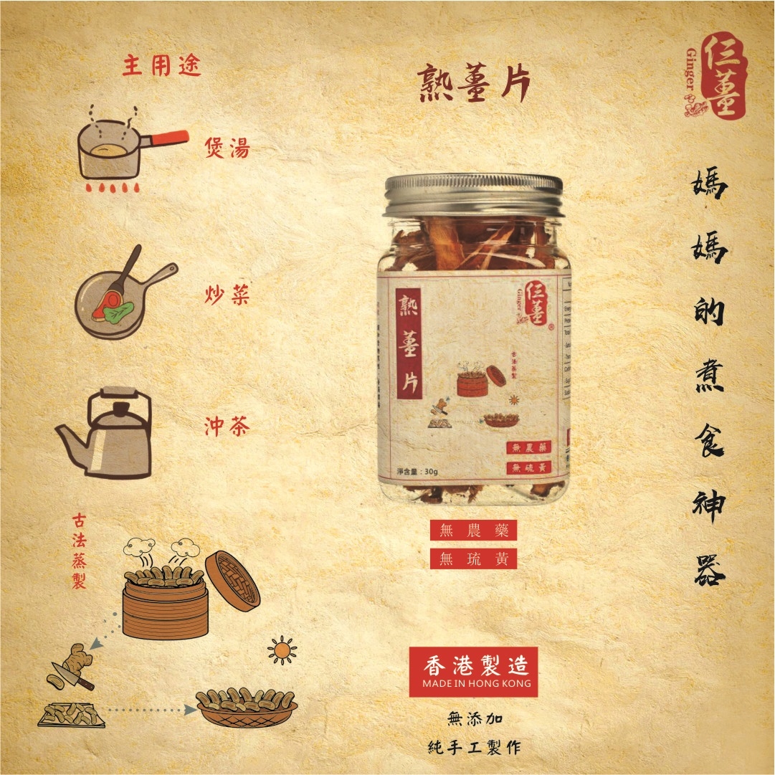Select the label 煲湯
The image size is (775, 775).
point(227,148)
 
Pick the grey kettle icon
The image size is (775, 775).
point(110,434)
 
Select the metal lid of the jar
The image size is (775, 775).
point(473,194)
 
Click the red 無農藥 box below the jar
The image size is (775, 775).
point(473,531)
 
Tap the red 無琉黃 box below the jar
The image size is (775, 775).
point(473,558)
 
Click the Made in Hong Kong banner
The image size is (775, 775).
point(473,672)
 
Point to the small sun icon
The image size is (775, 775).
point(282,650)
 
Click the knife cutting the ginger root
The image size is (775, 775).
point(72,675)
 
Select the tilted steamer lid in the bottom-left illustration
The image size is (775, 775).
point(232,580)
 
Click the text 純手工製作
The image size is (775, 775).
point(473,746)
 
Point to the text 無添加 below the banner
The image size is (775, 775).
point(473,718)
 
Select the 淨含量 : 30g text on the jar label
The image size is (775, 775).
point(417,471)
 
